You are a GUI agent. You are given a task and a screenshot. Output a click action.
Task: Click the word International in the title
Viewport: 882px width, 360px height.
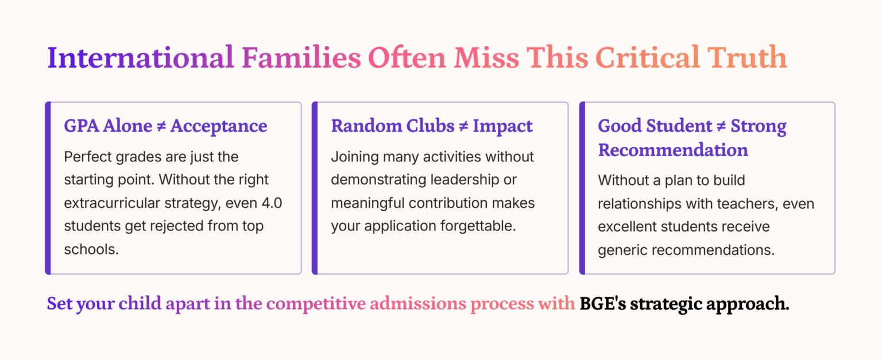point(141,57)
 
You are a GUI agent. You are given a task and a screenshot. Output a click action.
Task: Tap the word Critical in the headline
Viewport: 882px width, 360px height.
point(647,57)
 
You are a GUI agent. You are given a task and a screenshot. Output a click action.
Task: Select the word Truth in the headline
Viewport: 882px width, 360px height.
point(747,57)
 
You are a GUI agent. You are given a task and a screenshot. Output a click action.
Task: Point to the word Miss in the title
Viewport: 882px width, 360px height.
point(486,57)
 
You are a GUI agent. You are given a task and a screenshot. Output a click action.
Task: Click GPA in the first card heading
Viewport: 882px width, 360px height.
point(81,126)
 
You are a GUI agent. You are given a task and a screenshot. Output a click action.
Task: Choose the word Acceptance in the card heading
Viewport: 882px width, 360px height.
point(219,127)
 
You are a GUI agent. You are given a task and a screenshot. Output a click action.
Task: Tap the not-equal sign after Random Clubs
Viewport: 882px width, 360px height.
point(463,126)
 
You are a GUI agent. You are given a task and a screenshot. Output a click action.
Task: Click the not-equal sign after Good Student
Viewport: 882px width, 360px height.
point(721,126)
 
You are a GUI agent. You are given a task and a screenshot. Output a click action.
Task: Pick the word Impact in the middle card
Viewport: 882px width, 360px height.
point(503,127)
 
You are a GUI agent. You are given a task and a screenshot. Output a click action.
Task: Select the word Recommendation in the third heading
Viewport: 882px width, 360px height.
point(673,150)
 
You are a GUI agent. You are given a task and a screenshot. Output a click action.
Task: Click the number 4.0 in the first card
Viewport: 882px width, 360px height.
point(272,203)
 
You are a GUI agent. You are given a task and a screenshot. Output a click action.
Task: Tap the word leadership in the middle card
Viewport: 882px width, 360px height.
point(465,180)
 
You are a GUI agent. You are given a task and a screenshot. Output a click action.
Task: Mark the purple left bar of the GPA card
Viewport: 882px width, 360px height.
point(48,188)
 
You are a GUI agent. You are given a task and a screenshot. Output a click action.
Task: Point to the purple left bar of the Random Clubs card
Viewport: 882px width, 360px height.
point(315,188)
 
